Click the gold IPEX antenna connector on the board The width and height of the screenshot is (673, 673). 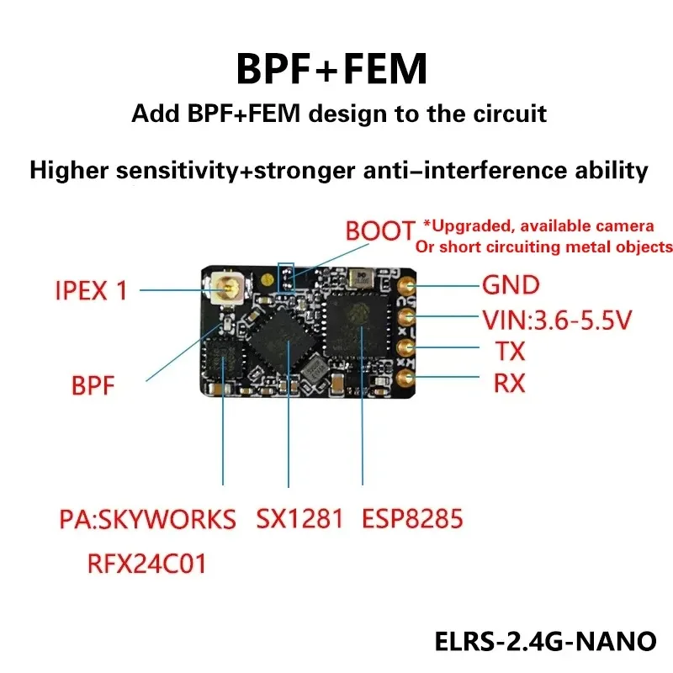pyautogui.click(x=227, y=291)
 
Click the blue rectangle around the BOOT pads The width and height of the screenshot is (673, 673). pyautogui.click(x=286, y=277)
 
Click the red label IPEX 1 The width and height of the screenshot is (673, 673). pyautogui.click(x=91, y=291)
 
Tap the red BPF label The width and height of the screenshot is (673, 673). pyautogui.click(x=92, y=386)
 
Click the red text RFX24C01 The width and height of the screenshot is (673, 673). pyautogui.click(x=146, y=563)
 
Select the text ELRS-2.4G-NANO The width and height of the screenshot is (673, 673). pyautogui.click(x=545, y=641)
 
